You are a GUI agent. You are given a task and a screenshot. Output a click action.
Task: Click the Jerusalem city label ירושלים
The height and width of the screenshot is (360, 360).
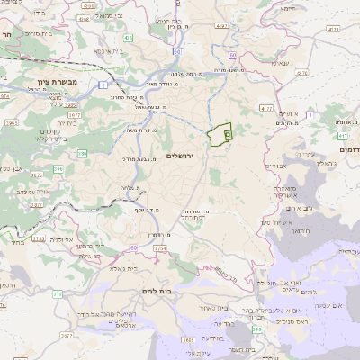[186, 156]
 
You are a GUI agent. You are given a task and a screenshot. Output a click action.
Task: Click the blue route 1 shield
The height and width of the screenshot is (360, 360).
[102, 83]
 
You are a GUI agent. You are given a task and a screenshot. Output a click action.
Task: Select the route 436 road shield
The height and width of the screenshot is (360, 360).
[129, 39]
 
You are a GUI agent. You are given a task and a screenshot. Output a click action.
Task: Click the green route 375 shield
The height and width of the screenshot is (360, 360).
[58, 293]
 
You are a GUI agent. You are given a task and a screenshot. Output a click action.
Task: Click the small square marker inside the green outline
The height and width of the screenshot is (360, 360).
[227, 134]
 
